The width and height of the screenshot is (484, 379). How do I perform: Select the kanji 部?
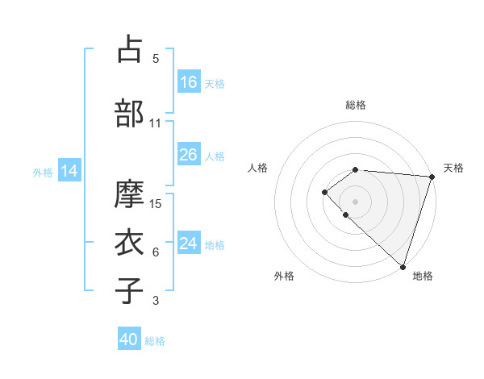tap(130, 114)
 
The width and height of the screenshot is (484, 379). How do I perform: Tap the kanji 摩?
tap(130, 194)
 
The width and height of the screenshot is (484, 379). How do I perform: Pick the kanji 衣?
tap(130, 242)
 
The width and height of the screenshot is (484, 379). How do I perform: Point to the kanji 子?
tap(130, 290)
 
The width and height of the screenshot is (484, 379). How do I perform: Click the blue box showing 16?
tap(189, 81)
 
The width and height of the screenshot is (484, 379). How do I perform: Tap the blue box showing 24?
tap(189, 243)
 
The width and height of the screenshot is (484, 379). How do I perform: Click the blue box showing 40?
tap(130, 339)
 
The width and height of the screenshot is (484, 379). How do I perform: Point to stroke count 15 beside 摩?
tap(156, 204)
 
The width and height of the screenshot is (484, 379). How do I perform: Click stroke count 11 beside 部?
tap(156, 123)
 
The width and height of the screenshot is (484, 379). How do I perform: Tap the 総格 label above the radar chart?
tap(356, 105)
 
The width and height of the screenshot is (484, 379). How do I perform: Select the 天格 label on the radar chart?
tap(453, 168)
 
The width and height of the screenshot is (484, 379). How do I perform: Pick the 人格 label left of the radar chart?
tap(258, 168)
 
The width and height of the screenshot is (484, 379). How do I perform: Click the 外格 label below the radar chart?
tap(284, 276)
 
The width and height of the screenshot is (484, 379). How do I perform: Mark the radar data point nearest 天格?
tap(432, 177)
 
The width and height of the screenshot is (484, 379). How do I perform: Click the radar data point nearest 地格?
tap(403, 266)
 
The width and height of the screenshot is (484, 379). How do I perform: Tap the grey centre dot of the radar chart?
tap(355, 201)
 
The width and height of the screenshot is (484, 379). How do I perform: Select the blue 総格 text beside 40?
tap(155, 341)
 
